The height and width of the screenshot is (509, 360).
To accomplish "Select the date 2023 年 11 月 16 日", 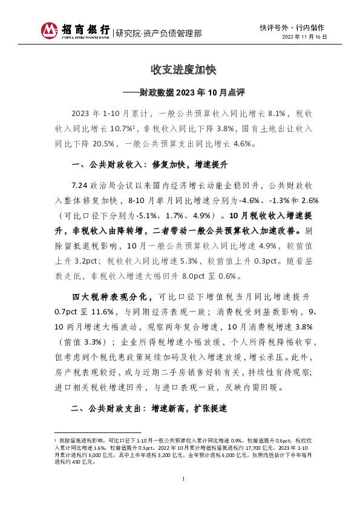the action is pyautogui.click(x=305, y=37).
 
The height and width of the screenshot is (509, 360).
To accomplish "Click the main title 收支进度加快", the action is pyautogui.click(x=180, y=69).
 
